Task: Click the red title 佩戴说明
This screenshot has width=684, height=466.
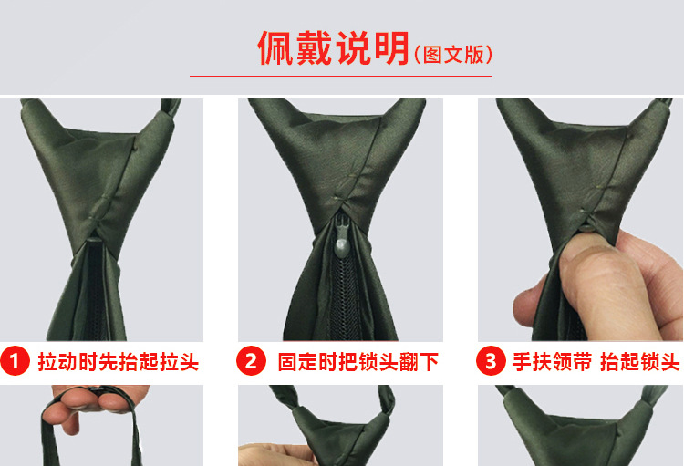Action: click(x=334, y=48)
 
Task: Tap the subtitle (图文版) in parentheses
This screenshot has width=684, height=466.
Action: click(x=453, y=55)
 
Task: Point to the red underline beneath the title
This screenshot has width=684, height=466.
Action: click(x=340, y=76)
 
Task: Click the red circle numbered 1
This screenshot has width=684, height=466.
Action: click(x=15, y=361)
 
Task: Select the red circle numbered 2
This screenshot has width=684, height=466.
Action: click(x=251, y=361)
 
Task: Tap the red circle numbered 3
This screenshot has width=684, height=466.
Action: click(x=491, y=361)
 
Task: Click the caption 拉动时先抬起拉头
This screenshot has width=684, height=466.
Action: click(x=119, y=362)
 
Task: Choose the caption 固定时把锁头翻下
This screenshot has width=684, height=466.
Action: click(x=358, y=362)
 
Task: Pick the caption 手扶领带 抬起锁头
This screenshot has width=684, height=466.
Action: click(x=596, y=362)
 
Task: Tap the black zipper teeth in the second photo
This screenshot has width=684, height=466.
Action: click(x=344, y=301)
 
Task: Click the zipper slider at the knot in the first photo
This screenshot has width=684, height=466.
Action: click(x=94, y=239)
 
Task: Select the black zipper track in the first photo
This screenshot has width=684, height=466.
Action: click(x=96, y=292)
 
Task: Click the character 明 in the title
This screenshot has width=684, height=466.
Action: click(x=391, y=48)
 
